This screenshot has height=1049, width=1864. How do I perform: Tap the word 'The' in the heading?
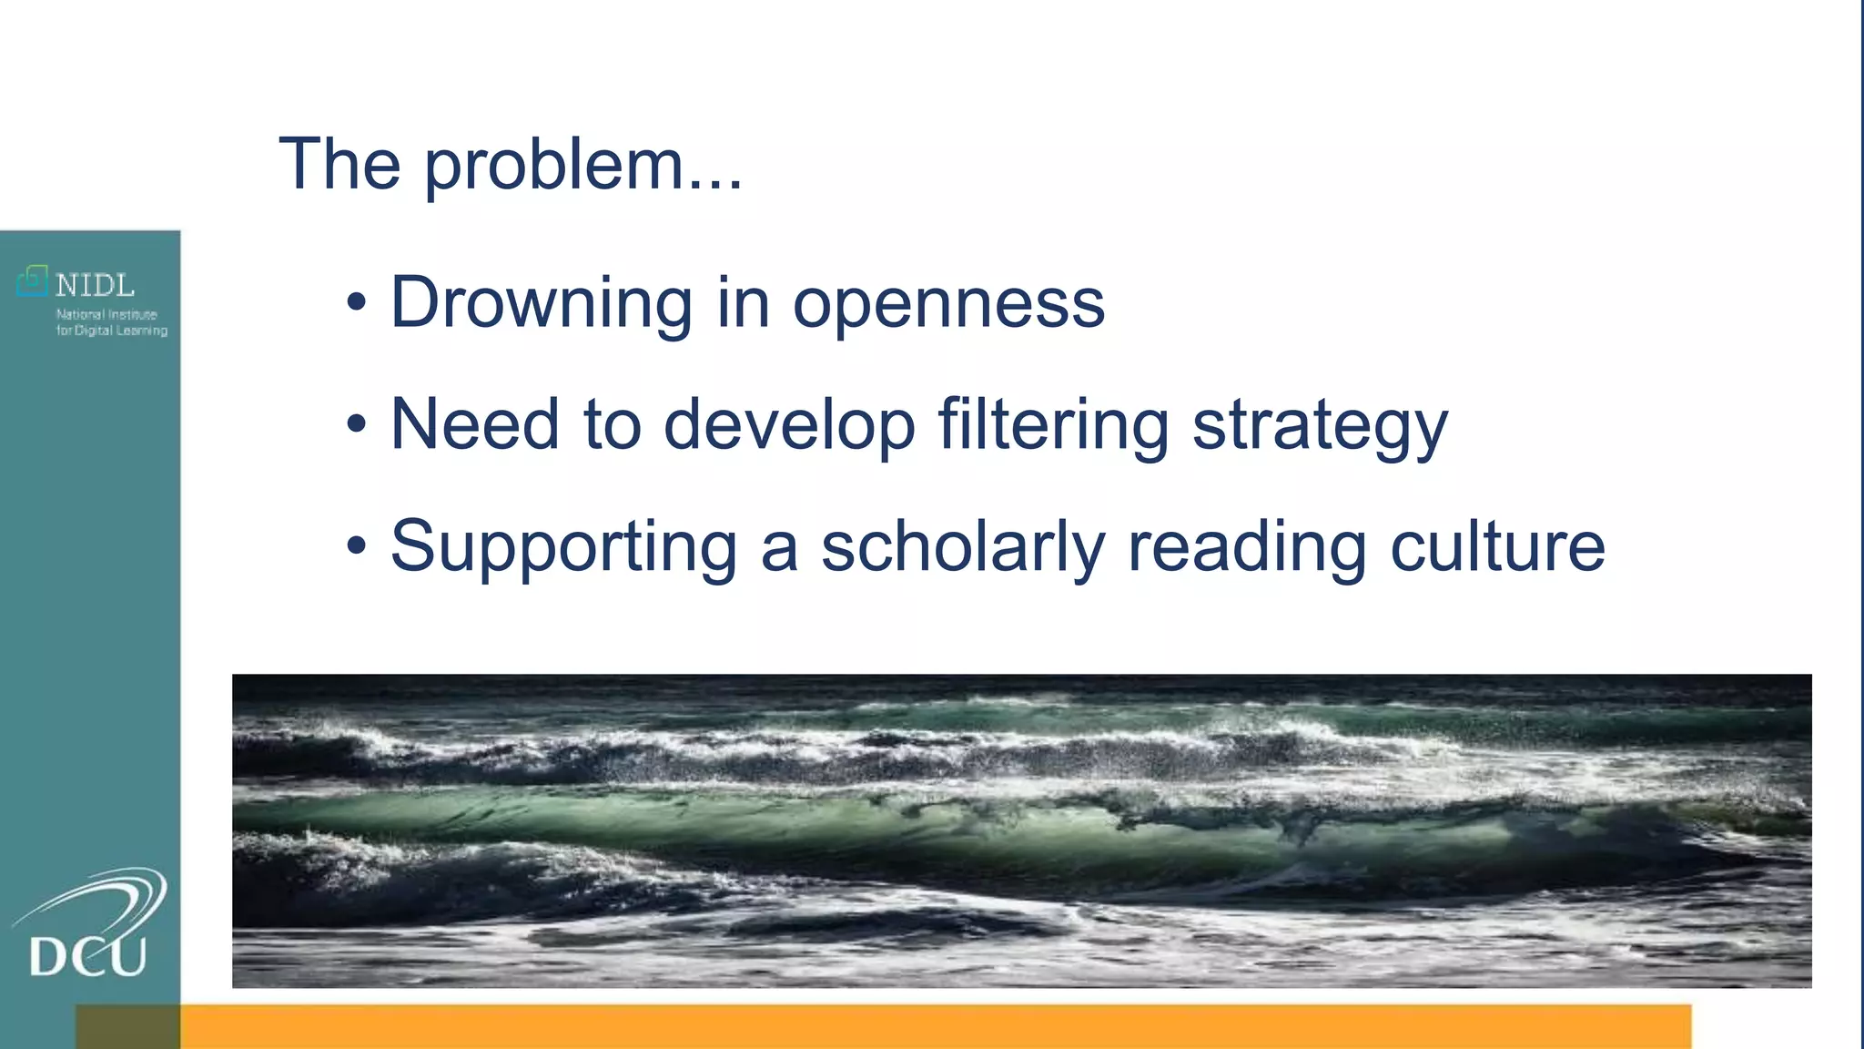(x=339, y=164)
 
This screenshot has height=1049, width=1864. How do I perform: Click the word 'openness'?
(x=948, y=304)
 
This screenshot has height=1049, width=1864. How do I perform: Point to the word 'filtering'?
(x=1053, y=425)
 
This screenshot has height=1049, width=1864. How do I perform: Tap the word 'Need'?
(x=474, y=423)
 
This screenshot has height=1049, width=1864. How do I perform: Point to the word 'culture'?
(x=1497, y=546)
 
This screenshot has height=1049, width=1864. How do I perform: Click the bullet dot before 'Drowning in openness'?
(x=357, y=302)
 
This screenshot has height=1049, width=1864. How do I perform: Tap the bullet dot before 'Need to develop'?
(x=357, y=423)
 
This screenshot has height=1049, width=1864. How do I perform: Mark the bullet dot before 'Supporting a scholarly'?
(x=357, y=545)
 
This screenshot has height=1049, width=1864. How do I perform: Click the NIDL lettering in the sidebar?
(x=95, y=286)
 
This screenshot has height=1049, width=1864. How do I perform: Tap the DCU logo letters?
(x=87, y=957)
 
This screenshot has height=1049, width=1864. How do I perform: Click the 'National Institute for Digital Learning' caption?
(x=111, y=322)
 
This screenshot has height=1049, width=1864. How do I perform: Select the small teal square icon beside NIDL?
(x=33, y=280)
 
